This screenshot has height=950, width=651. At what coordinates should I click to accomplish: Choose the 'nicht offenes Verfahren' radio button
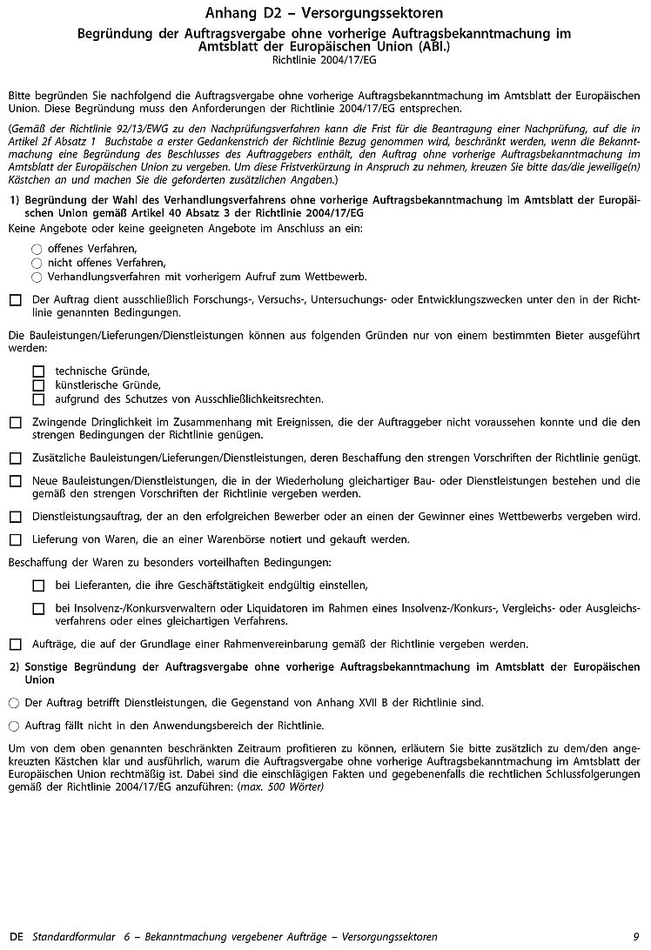pos(37,263)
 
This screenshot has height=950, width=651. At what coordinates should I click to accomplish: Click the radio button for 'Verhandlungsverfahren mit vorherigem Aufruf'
pos(37,278)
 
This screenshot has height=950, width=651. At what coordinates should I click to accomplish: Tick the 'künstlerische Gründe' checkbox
pos(38,385)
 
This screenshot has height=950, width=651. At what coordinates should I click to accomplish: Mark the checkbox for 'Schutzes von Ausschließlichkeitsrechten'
pos(38,399)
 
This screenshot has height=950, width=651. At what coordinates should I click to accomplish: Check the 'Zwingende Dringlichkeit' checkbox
pos(15,423)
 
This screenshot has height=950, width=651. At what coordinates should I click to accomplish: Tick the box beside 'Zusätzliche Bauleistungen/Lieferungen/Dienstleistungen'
pos(15,458)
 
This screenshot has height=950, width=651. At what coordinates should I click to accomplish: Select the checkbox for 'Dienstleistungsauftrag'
pos(15,516)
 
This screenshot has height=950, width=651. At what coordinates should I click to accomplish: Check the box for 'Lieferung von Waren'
pos(15,539)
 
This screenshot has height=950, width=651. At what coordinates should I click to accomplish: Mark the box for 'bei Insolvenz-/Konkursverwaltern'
pos(38,609)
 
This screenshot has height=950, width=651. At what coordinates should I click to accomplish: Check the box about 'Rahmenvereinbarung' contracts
pos(15,645)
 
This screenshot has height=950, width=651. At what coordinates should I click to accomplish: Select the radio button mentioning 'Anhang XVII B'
pos(13,702)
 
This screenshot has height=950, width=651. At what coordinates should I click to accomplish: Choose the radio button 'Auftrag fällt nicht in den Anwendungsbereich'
pos(13,725)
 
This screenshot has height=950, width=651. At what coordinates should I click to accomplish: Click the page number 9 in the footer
pos(636,937)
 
